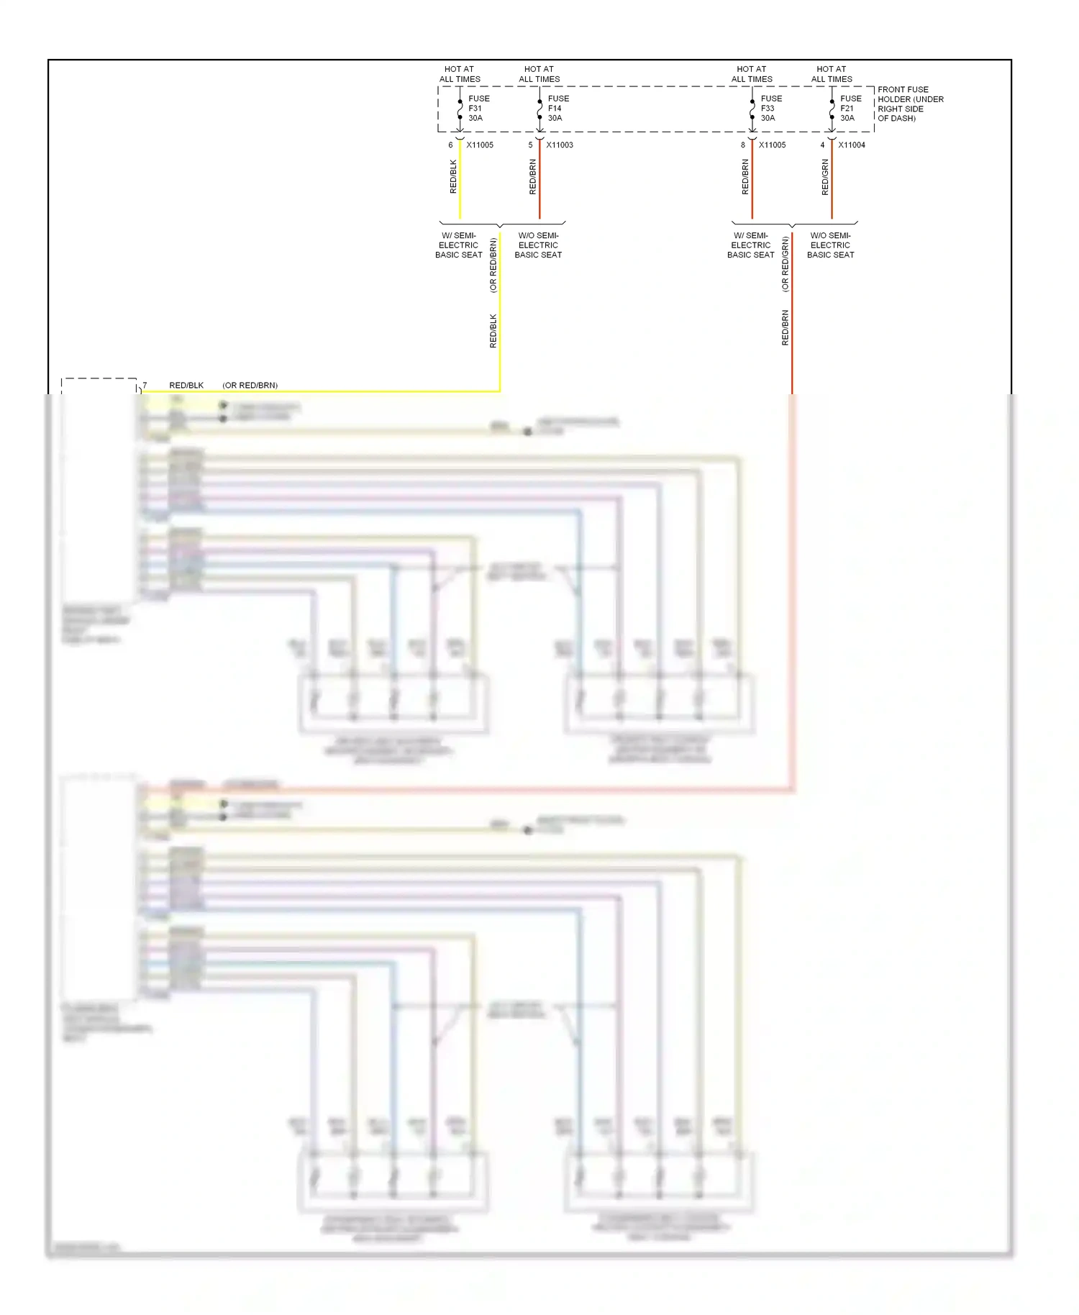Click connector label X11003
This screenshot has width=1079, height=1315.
click(559, 145)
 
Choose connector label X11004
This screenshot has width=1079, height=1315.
click(851, 145)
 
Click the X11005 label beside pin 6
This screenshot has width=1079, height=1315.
click(480, 145)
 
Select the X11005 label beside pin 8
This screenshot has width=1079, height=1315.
click(772, 145)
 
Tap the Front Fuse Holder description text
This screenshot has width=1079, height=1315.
click(909, 104)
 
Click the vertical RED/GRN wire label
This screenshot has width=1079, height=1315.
click(825, 177)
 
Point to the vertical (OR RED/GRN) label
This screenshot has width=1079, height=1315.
click(785, 265)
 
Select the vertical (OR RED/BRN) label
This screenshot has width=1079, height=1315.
click(493, 265)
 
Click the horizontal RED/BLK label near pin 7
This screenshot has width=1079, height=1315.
click(186, 386)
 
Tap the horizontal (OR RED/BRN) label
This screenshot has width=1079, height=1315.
click(250, 386)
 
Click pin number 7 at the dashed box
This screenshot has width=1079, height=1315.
click(145, 386)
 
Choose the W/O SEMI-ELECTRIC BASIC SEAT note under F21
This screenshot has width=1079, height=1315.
click(830, 245)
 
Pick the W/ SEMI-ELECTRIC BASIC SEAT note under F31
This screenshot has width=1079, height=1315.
click(458, 245)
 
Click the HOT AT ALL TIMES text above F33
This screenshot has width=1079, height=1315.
click(752, 74)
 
